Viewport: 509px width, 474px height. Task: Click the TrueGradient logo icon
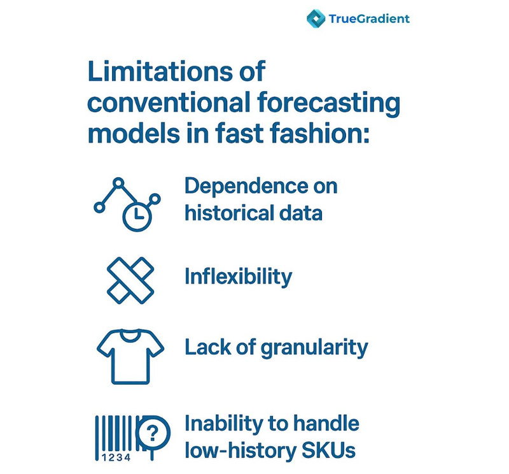point(316,18)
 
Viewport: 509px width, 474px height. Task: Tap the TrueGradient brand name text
point(369,18)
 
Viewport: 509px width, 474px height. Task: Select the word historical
point(228,212)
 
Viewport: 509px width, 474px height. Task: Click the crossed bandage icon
point(129,278)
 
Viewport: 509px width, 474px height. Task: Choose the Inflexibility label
point(239,277)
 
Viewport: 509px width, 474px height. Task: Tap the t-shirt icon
point(130,358)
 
